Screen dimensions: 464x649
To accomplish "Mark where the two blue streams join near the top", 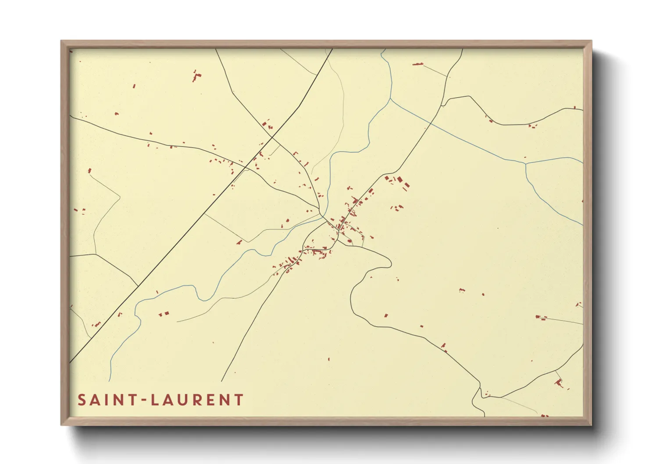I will [390, 99].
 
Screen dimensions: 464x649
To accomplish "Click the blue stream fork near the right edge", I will [525, 164].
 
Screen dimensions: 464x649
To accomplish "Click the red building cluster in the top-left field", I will [196, 76].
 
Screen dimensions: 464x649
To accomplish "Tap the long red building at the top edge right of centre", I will [417, 64].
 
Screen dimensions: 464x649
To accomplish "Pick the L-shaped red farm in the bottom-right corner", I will [559, 382].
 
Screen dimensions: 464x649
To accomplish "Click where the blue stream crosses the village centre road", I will [323, 216].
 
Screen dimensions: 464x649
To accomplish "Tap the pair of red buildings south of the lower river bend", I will [164, 314].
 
